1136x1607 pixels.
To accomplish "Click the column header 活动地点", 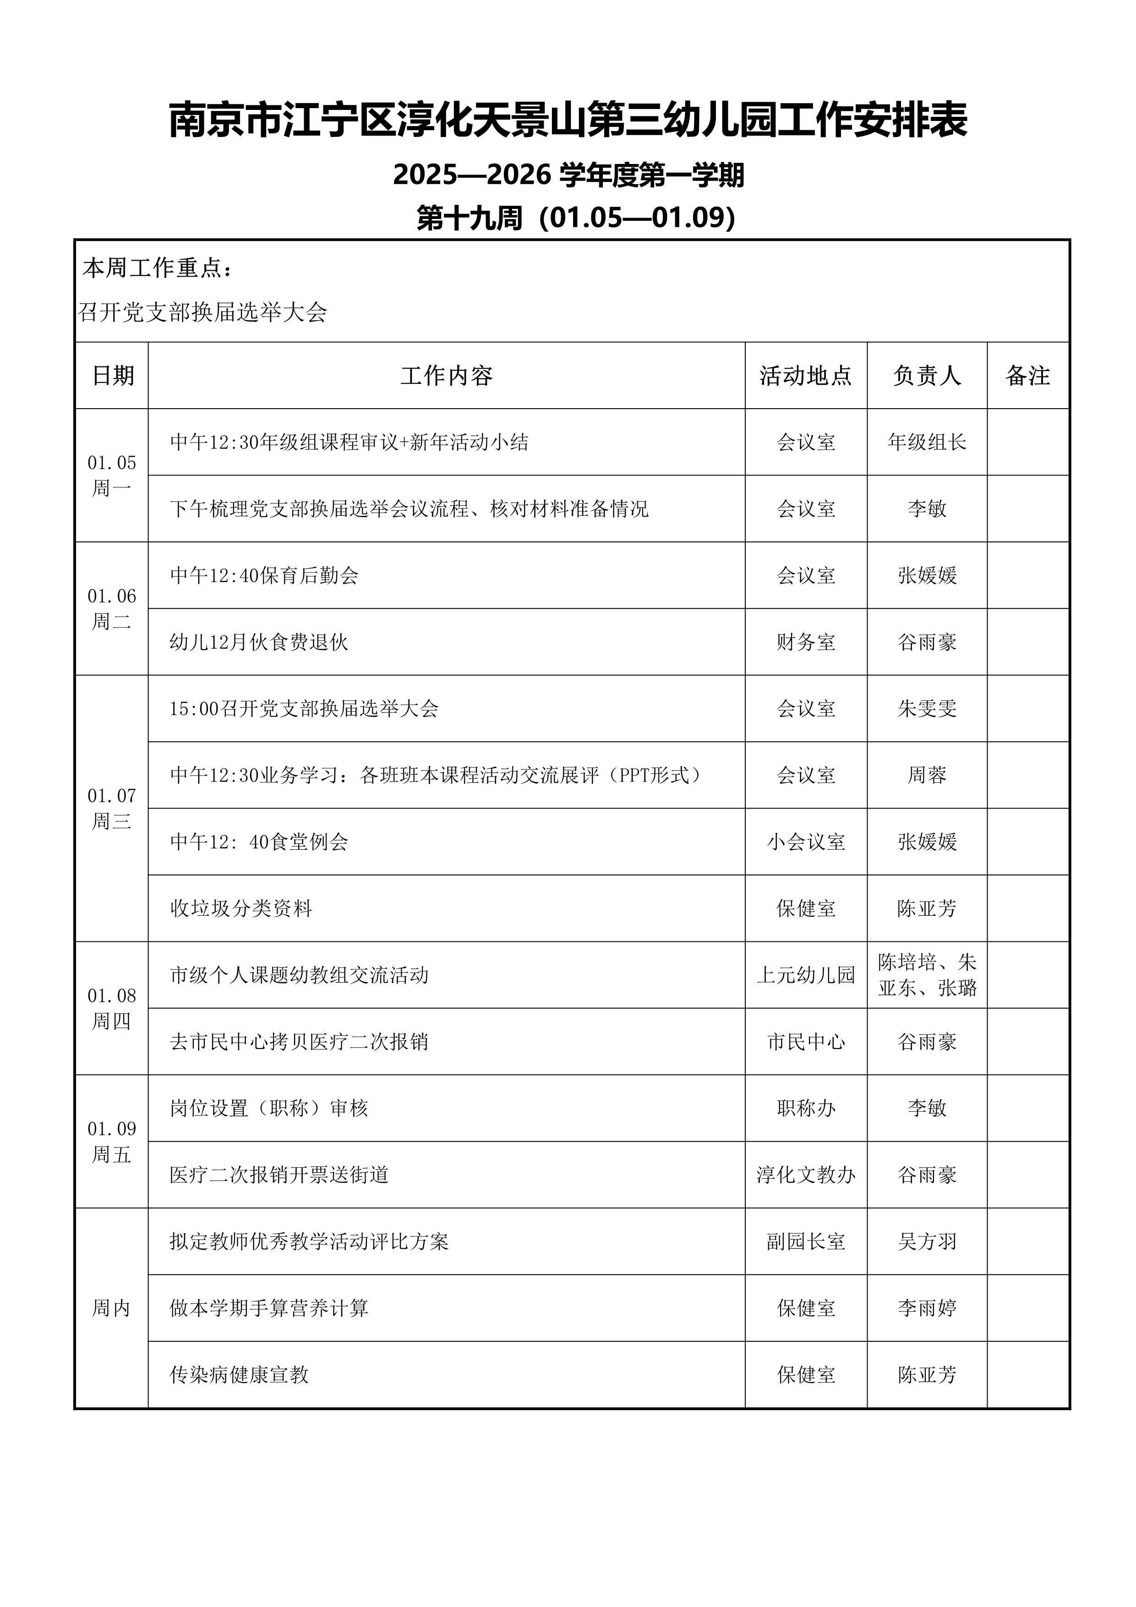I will pos(806,376).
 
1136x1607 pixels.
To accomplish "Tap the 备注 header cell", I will pos(1027,376).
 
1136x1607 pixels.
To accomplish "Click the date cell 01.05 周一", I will pos(111,475).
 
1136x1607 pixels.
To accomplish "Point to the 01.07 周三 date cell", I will pos(111,809).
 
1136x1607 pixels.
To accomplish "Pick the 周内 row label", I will pos(111,1308).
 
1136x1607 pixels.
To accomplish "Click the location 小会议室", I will pos(806,842).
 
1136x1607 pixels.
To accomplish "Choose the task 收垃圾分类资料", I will pos(241,908).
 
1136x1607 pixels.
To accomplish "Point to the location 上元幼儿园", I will pos(806,975).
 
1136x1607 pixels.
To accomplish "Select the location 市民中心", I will pos(806,1041).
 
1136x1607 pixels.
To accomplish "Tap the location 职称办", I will pos(806,1108).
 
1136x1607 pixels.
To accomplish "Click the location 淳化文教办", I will pos(806,1175).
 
